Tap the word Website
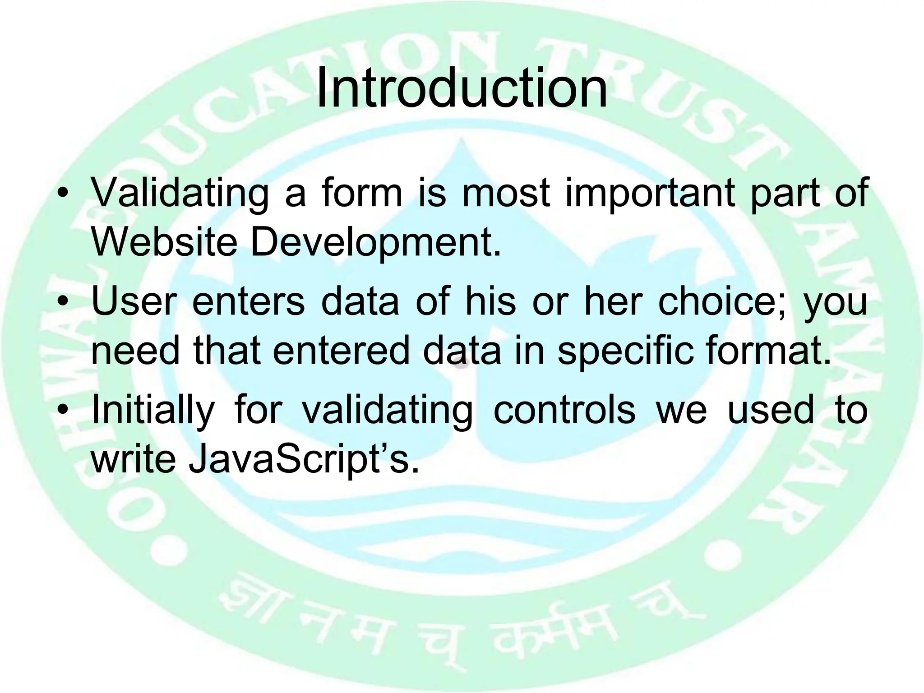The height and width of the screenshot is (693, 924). pyautogui.click(x=164, y=242)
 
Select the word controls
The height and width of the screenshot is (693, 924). pyautogui.click(x=564, y=410)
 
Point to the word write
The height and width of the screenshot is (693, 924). pyautogui.click(x=133, y=459)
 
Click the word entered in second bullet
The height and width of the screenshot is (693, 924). pyautogui.click(x=341, y=351)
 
